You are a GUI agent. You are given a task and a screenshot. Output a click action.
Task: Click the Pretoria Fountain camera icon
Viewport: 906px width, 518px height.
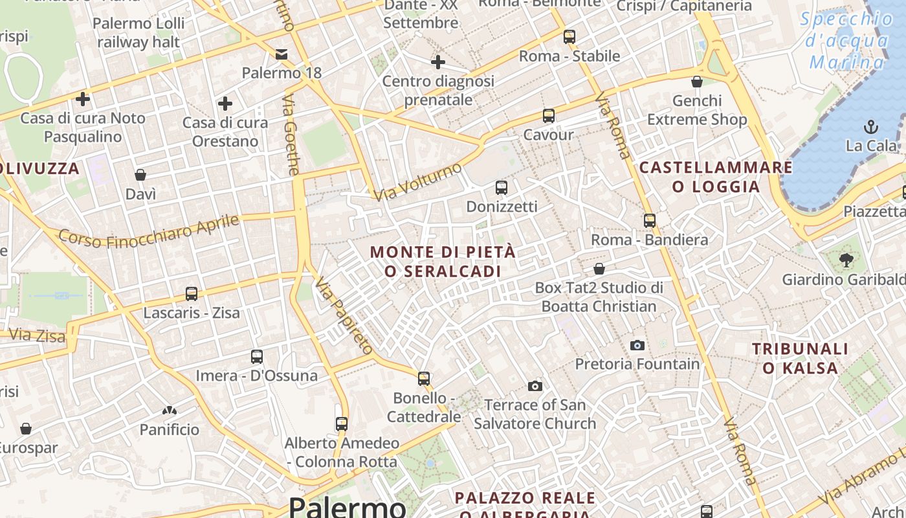tap(637, 345)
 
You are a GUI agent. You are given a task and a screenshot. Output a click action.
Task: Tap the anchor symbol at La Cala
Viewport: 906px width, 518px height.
tap(871, 126)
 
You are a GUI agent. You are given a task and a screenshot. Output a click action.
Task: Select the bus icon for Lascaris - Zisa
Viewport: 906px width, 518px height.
tap(192, 294)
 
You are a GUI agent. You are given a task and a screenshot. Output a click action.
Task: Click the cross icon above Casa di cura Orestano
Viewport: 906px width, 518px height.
tap(225, 104)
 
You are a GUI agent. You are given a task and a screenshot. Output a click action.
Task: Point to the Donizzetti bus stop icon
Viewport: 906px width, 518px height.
tap(502, 188)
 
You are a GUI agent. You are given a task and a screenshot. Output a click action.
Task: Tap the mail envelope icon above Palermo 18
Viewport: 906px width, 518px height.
tap(282, 54)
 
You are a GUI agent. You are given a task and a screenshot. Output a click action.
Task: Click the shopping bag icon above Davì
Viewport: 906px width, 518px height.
tap(140, 175)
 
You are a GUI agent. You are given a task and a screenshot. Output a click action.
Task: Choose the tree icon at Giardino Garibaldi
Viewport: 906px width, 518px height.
tap(845, 260)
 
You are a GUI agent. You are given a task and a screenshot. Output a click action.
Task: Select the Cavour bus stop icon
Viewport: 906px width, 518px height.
tap(549, 116)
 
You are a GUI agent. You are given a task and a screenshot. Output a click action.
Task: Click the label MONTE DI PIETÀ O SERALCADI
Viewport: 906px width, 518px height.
tap(443, 262)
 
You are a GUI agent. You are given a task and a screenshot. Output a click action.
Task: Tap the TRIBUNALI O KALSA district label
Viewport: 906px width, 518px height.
tap(800, 358)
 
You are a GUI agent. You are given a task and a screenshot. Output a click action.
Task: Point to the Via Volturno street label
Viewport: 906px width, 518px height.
tap(418, 181)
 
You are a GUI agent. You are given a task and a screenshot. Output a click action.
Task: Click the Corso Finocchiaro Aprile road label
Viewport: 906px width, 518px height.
tap(149, 231)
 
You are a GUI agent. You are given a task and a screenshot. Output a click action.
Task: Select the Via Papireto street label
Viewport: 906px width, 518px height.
tap(344, 316)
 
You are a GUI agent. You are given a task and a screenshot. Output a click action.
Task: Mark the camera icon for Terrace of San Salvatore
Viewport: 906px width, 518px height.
tap(535, 386)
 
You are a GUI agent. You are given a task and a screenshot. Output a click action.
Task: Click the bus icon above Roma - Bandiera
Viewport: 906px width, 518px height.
tap(650, 221)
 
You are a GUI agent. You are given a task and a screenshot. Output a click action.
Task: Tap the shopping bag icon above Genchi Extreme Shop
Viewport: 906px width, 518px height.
tap(697, 82)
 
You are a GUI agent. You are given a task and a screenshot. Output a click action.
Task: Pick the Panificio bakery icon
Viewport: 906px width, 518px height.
tap(170, 411)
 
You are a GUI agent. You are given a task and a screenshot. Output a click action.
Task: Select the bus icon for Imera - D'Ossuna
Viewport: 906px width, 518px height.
tap(257, 357)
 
